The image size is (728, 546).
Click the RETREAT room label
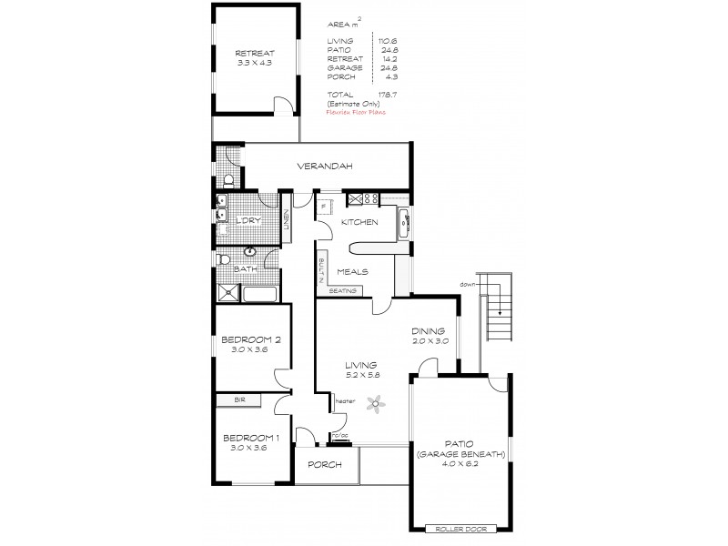[x=255, y=53]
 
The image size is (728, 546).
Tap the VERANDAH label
[x=323, y=167]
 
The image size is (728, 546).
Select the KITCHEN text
[x=359, y=223]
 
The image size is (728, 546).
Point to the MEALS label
[x=352, y=271]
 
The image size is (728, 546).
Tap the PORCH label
[x=325, y=465]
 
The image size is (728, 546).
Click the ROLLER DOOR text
[x=463, y=528]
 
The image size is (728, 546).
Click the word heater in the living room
[x=345, y=400]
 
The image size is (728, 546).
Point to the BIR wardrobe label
[x=239, y=399]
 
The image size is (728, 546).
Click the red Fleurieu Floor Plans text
[x=358, y=114]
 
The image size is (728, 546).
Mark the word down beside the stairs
[x=469, y=284]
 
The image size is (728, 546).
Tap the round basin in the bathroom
[x=249, y=251]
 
